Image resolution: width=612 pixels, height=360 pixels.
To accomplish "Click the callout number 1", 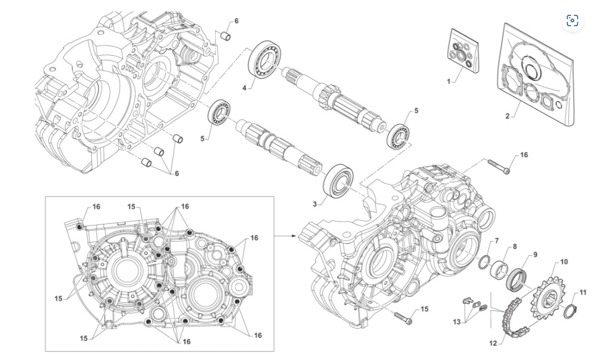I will point(449,81).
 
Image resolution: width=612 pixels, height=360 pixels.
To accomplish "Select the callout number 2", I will point(507,116).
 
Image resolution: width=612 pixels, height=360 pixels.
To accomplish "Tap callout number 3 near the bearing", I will point(315,203).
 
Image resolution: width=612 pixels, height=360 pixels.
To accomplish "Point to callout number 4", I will point(244,88).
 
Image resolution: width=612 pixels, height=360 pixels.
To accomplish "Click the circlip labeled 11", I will point(568,312).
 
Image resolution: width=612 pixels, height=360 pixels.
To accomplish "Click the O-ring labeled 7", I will point(483,261).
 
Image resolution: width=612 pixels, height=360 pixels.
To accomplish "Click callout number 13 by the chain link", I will point(457,322).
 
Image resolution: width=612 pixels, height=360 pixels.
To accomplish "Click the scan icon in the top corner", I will point(572,21).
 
